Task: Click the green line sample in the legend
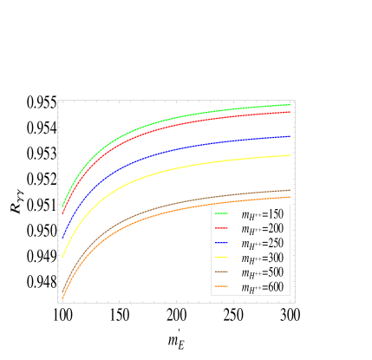221,213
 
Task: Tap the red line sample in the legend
221,228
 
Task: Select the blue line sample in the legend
221,243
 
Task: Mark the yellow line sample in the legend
221,258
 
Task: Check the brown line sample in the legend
221,272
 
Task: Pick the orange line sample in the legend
221,287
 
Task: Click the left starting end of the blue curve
62,238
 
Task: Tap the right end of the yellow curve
289,155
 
